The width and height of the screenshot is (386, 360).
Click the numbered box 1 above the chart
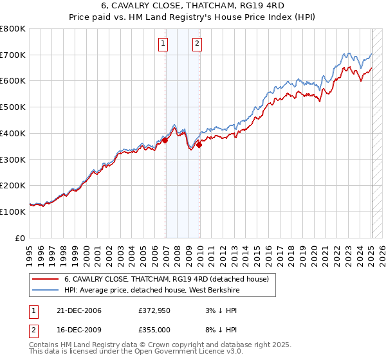point(163,44)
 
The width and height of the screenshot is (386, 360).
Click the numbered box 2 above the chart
point(197,44)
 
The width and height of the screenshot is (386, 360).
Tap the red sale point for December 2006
point(165,140)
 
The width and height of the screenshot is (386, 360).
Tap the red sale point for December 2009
point(199,145)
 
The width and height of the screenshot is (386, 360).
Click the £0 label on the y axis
point(21,238)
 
